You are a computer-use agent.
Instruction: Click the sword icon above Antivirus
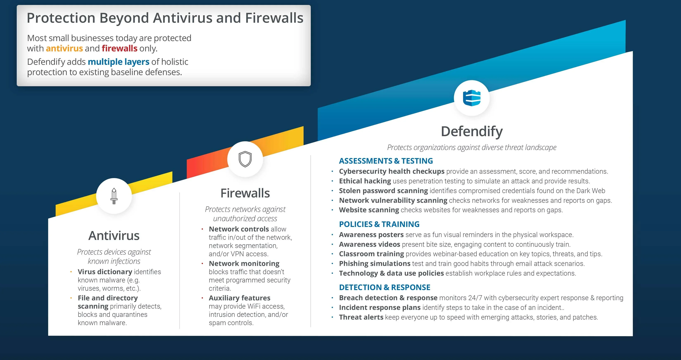tap(114, 196)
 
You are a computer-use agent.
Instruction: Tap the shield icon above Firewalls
tap(245, 159)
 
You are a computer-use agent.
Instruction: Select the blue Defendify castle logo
tap(472, 98)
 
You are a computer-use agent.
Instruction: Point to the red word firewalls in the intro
tap(119, 48)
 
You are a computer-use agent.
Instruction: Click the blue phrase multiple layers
tap(118, 62)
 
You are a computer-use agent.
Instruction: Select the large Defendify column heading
tap(472, 131)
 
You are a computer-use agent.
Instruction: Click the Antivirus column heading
tap(114, 236)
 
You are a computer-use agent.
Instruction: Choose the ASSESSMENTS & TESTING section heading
tap(386, 161)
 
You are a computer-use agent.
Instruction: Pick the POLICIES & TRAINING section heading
tap(379, 224)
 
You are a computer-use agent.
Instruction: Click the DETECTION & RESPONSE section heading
tap(385, 287)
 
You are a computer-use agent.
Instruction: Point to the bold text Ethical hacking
tap(365, 181)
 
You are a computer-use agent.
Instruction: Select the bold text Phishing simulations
tap(375, 263)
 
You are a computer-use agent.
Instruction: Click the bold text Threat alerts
tap(361, 317)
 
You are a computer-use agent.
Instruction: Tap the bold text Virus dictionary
tap(105, 272)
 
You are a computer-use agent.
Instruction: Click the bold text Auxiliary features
tap(240, 298)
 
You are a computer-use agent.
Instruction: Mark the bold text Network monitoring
tap(244, 263)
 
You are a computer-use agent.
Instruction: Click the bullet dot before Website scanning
tap(332, 210)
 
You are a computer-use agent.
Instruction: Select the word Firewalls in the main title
tap(274, 18)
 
